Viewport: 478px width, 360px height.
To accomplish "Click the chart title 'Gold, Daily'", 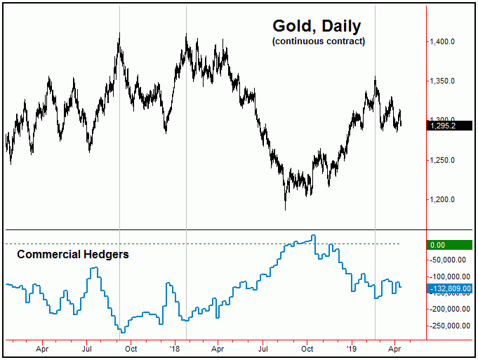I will click(317, 27).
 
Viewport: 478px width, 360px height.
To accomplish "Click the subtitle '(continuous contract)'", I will click(318, 42).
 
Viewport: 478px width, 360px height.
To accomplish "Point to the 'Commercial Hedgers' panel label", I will click(72, 255).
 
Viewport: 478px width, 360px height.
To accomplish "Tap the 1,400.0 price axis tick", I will click(447, 42).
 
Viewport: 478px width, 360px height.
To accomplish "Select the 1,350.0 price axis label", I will click(447, 81).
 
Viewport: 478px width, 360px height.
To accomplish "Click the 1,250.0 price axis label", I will click(447, 160).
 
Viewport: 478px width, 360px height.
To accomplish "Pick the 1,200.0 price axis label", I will click(447, 199).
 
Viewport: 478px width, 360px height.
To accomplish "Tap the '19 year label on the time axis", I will click(352, 347).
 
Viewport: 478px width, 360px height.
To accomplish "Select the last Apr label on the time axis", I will click(395, 347).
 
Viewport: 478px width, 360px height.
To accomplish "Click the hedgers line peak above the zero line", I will click(314, 236).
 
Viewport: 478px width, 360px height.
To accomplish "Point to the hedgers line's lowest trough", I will click(121, 331).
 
